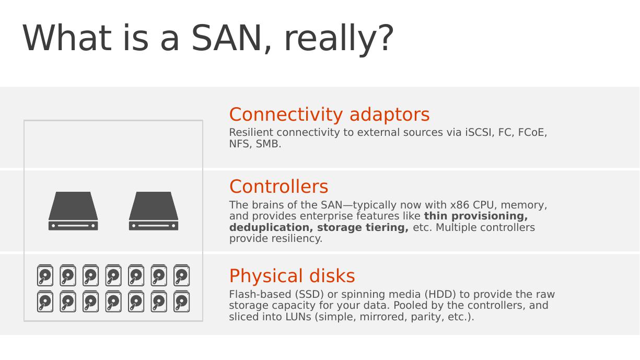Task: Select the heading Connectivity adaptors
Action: coord(330,114)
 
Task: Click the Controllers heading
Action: coord(278,187)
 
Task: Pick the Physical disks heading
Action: coord(292,276)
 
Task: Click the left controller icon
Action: coord(73,211)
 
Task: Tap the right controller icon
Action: coord(154,211)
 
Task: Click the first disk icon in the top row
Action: coord(45,275)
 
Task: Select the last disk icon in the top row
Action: coord(182,275)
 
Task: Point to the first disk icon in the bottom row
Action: coord(45,301)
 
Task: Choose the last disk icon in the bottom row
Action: coord(182,301)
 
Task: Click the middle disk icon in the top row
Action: coord(113,275)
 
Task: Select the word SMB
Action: coord(269,144)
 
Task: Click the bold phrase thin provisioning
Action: coord(476,216)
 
